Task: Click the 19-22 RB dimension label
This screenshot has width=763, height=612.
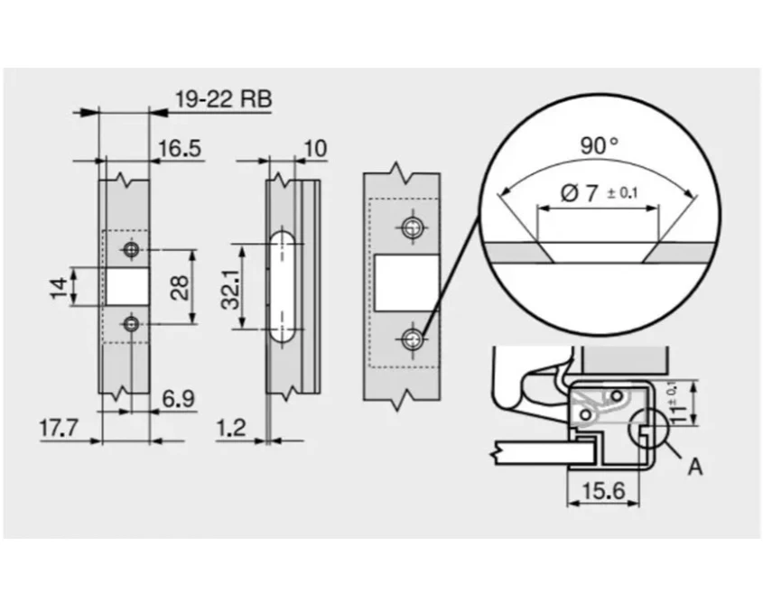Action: click(223, 99)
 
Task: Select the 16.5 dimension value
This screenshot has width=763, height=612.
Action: click(180, 148)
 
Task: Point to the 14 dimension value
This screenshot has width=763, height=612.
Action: click(59, 288)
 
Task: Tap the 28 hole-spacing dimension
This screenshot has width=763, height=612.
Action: click(180, 287)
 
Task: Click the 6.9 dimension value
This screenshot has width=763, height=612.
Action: click(178, 399)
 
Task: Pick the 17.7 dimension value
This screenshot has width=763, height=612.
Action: click(59, 428)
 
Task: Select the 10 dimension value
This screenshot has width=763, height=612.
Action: click(315, 148)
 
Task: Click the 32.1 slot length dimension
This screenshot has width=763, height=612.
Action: click(230, 290)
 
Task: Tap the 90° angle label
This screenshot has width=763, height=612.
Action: click(599, 145)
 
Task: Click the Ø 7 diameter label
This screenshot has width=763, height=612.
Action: click(599, 194)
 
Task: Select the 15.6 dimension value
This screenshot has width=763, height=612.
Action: click(603, 491)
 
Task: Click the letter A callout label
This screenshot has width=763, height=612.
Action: click(695, 467)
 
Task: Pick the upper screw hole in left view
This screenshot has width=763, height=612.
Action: click(131, 249)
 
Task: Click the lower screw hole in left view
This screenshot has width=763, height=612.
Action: click(131, 323)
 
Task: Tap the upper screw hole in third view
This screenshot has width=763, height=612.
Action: click(413, 227)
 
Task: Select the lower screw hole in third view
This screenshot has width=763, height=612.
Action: click(413, 339)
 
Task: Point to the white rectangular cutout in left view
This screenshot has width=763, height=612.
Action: click(127, 286)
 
